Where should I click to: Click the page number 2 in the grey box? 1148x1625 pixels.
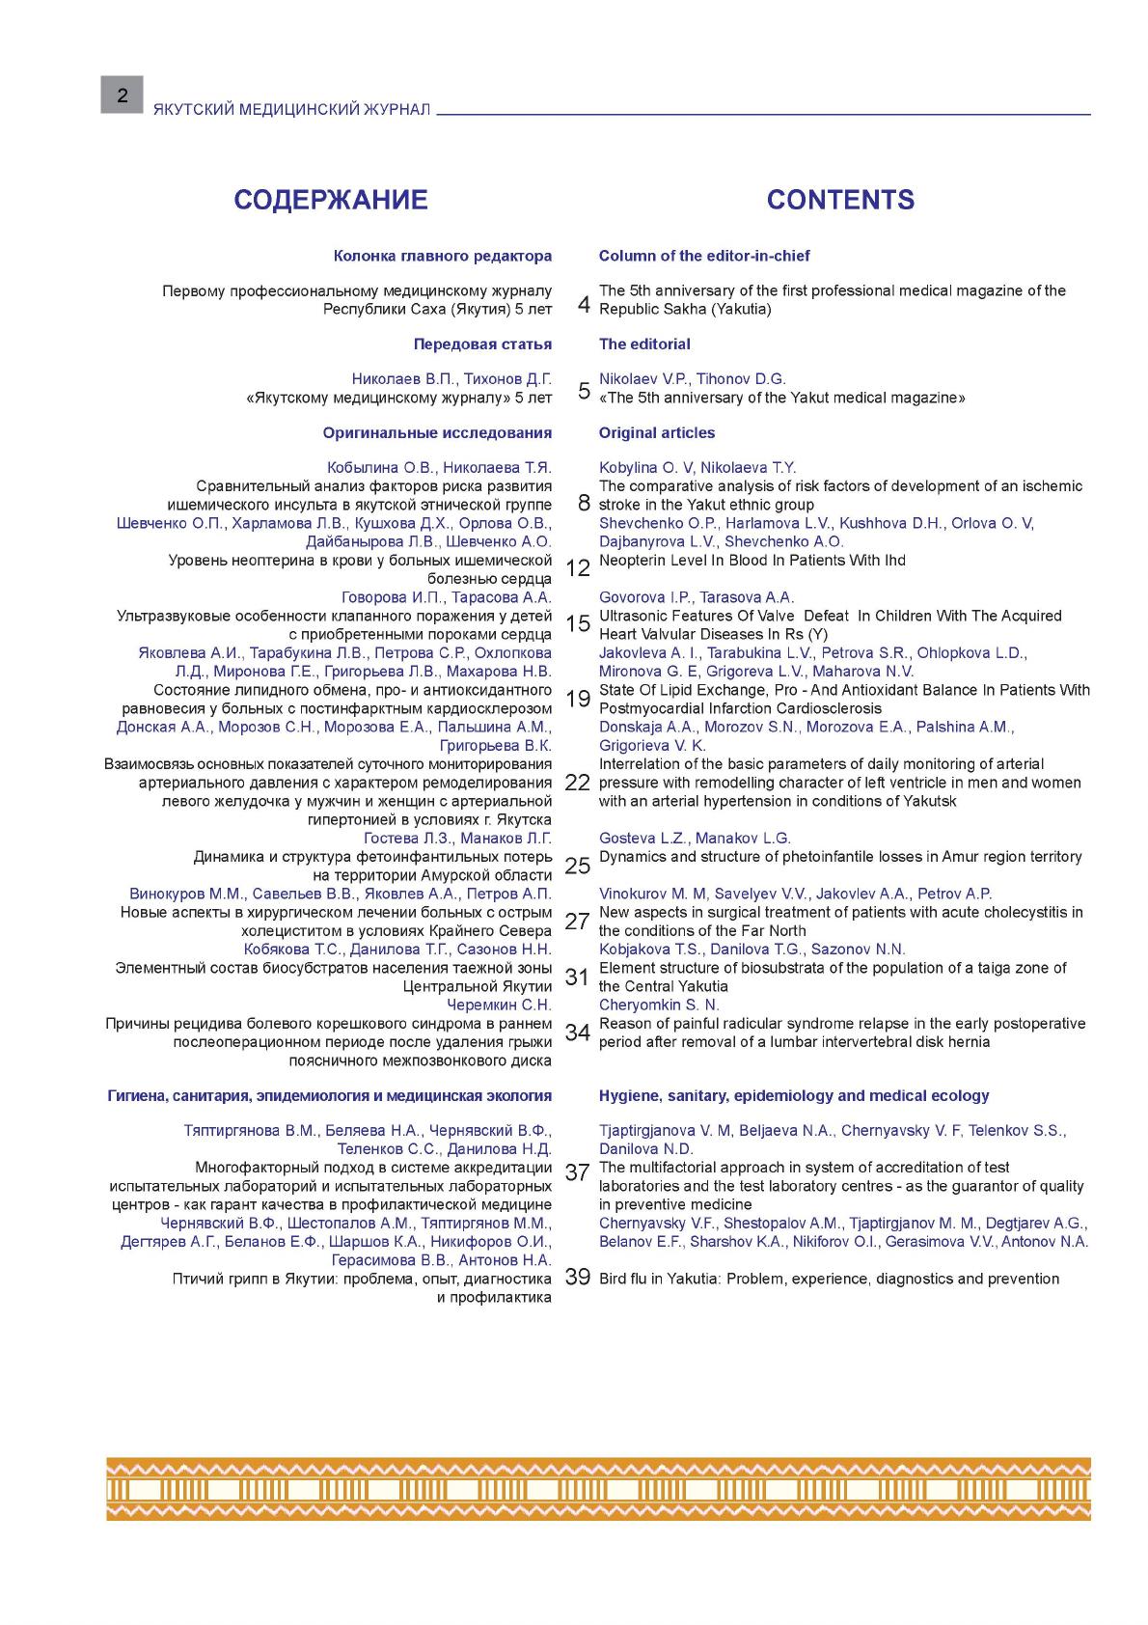coord(122,95)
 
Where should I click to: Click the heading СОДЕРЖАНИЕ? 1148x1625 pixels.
coord(331,200)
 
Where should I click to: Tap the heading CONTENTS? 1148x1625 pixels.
coord(840,200)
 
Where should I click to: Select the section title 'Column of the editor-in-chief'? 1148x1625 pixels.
coord(704,256)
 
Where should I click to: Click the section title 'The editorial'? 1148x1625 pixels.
coord(644,344)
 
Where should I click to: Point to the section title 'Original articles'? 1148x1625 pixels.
coord(657,432)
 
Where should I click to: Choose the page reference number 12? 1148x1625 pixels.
coord(577,568)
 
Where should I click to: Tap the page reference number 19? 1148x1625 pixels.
coord(577,699)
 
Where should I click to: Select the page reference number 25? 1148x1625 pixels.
coord(577,866)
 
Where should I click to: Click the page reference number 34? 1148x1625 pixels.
coord(577,1033)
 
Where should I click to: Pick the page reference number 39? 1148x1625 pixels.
coord(577,1278)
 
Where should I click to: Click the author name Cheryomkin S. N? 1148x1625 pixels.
coord(659,1005)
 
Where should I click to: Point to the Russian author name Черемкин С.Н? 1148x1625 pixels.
coord(500,1005)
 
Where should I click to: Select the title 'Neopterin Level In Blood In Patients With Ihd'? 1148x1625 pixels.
coord(752,560)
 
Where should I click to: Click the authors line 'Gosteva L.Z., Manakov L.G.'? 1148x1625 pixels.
coord(695,838)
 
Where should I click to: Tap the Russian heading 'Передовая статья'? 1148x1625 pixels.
coord(482,344)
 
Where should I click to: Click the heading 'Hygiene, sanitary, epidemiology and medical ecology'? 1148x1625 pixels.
coord(794,1095)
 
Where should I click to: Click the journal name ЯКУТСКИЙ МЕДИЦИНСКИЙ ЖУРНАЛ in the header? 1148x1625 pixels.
coord(291,110)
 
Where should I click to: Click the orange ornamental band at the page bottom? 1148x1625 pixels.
coord(598,1489)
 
